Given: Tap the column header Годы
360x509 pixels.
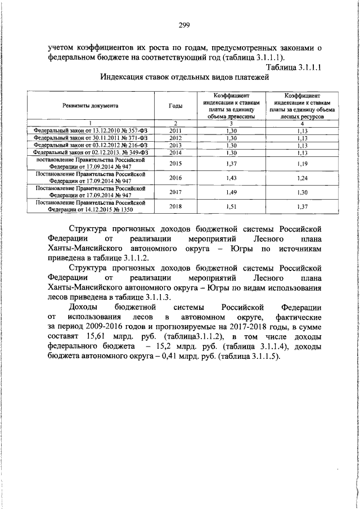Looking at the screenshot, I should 175,105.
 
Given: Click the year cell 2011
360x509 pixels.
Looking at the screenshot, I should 175,130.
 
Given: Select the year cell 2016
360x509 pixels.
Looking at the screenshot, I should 175,177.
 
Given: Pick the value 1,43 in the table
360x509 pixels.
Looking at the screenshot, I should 231,177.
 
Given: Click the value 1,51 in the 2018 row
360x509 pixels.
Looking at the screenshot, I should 231,206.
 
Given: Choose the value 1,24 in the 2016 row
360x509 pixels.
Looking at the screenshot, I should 303,177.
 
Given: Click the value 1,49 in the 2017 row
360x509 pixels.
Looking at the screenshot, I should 231,192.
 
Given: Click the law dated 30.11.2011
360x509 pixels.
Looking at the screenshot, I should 91,137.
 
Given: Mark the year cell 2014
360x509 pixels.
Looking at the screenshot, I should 175,152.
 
